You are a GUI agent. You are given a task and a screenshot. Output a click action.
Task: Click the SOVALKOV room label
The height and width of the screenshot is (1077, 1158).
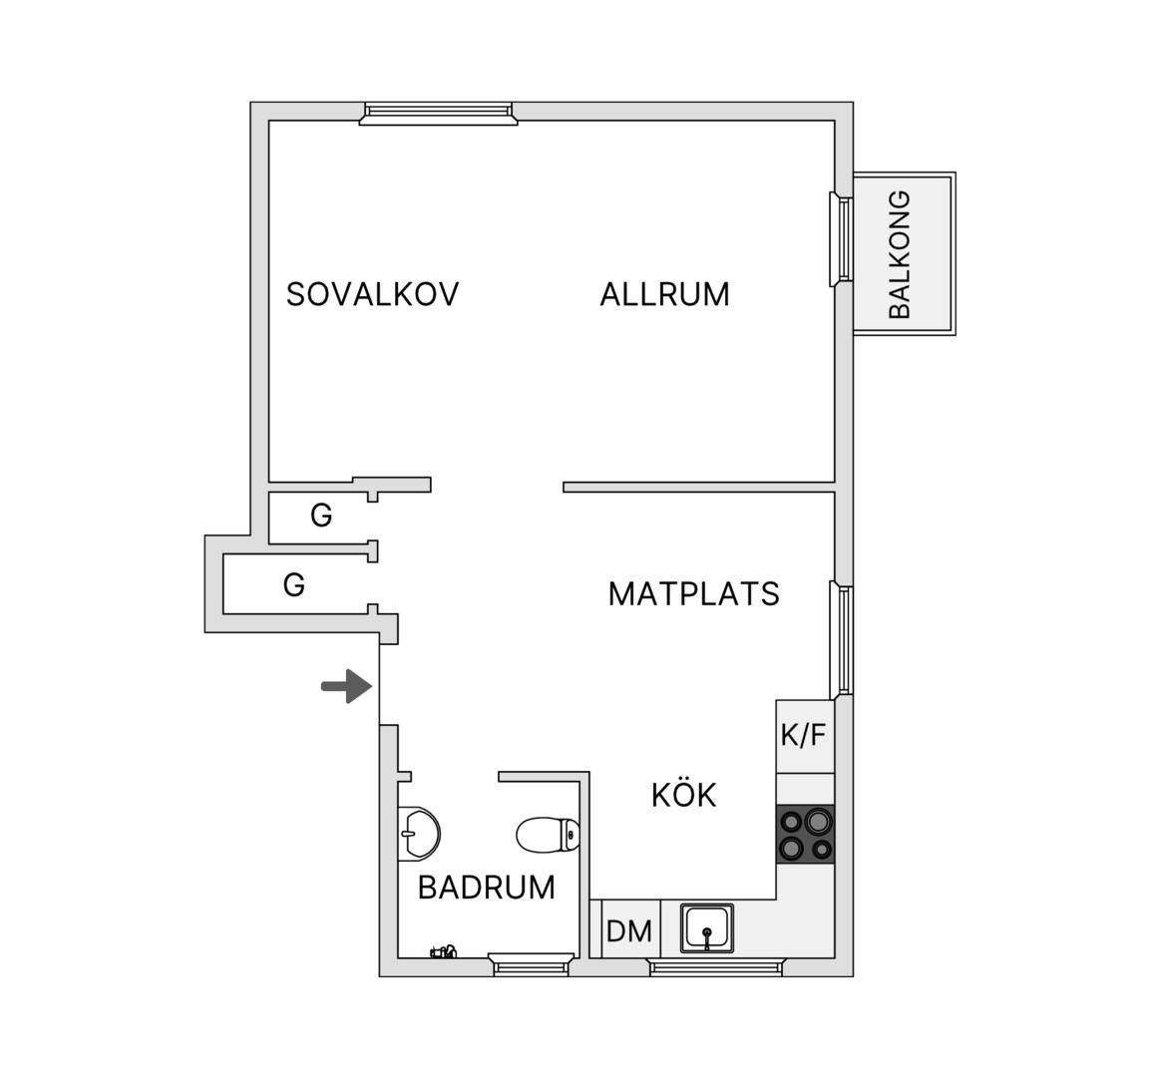coord(372,294)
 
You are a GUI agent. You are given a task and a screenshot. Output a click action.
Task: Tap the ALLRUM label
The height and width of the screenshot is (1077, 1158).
coord(664,294)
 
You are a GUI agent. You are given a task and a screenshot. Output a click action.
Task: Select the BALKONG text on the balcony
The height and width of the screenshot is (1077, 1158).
coord(900,254)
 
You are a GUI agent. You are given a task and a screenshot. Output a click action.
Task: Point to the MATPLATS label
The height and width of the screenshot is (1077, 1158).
coord(693,593)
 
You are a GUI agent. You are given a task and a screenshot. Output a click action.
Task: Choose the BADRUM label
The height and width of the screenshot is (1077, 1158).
coord(487,887)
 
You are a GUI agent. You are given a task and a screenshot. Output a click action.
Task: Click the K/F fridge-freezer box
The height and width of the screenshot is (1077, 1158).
coord(804,736)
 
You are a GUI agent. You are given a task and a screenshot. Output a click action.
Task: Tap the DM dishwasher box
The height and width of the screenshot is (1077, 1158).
coord(629,929)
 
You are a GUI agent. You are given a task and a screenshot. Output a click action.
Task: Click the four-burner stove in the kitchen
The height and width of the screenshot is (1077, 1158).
coord(806,833)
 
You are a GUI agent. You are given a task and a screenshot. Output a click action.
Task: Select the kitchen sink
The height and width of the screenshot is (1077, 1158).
coord(707,928)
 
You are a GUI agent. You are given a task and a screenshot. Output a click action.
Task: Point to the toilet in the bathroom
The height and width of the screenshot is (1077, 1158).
coord(548,835)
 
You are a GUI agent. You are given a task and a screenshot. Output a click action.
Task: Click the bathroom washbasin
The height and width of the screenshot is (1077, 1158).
coord(418,833)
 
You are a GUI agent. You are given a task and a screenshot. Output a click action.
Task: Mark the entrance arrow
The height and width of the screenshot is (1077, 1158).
coord(346,686)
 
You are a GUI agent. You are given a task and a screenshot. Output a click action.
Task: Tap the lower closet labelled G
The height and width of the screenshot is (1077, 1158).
coord(295,584)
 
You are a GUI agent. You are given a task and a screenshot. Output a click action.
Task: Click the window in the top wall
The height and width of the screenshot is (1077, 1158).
coord(438,113)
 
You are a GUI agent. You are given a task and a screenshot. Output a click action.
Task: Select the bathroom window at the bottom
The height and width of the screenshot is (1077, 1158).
coord(531,964)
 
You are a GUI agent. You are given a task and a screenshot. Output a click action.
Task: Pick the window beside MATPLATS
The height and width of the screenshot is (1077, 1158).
coord(842,639)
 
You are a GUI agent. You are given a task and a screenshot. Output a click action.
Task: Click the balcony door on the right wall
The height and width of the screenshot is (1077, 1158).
coord(842,239)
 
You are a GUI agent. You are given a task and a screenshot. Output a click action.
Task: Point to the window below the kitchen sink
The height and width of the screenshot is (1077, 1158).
coord(715,966)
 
